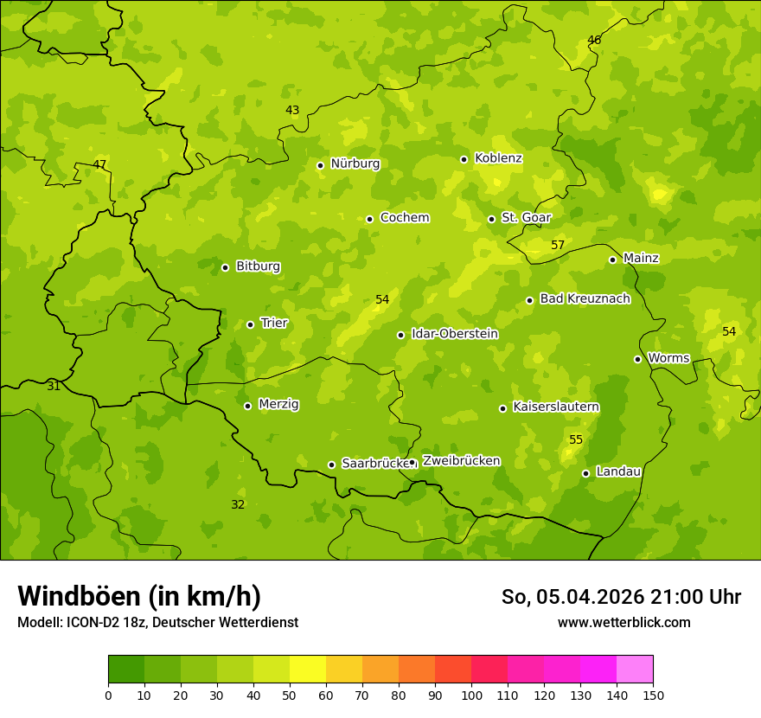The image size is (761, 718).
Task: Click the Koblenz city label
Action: tap(498, 158)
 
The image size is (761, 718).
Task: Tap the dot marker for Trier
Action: tap(251, 324)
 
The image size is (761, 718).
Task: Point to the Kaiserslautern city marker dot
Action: tap(502, 408)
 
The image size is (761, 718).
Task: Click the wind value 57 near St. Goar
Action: tap(558, 245)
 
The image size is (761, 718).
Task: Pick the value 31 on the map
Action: tap(54, 386)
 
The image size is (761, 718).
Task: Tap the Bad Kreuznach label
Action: tap(585, 298)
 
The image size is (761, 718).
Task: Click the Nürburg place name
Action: tap(355, 163)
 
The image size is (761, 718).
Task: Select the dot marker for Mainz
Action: tap(612, 260)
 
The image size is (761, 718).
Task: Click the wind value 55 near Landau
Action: tap(576, 439)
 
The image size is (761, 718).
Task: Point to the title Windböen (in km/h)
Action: tap(138, 596)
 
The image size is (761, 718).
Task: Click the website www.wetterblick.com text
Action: tap(624, 622)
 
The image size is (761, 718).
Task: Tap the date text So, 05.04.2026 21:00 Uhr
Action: tap(621, 597)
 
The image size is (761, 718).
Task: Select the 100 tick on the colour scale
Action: tap(471, 695)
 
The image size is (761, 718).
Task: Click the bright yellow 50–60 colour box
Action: tap(308, 670)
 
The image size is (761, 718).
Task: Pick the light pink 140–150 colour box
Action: tap(635, 670)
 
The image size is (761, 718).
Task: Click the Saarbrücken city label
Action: tap(374, 463)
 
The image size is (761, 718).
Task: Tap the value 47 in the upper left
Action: tap(99, 164)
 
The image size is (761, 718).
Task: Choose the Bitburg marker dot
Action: tap(225, 267)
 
